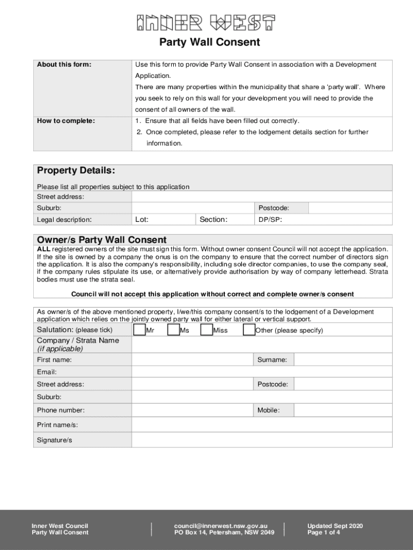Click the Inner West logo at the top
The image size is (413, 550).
(205, 23)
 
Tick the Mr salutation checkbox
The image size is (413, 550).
(139, 330)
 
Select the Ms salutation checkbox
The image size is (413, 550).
(173, 330)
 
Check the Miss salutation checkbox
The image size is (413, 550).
(206, 330)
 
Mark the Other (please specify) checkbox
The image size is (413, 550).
(249, 330)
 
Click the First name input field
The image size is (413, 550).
(192, 359)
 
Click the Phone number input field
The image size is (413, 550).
(192, 410)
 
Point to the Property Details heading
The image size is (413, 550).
(76, 171)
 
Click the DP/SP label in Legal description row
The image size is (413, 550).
(270, 220)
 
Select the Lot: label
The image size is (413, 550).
(142, 219)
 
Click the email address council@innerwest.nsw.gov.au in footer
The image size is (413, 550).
(220, 526)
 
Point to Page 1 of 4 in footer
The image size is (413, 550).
(323, 532)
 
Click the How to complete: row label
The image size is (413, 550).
(65, 121)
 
